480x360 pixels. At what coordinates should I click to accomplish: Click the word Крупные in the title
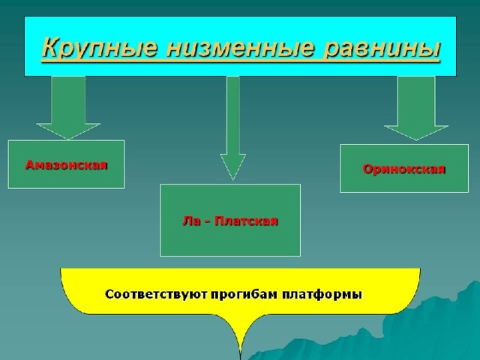[100, 48]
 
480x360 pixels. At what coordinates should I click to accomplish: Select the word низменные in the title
[240, 48]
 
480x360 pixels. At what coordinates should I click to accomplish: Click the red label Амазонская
[67, 165]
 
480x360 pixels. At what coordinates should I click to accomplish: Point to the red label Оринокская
[404, 169]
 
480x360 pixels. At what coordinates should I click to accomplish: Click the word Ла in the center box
[190, 220]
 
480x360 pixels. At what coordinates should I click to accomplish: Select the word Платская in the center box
[247, 220]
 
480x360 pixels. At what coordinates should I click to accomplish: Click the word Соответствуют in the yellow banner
[156, 295]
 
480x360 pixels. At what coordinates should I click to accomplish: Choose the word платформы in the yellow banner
[322, 295]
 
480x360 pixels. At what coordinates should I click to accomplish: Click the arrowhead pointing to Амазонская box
[68, 132]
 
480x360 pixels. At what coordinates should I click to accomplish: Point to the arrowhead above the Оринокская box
[416, 133]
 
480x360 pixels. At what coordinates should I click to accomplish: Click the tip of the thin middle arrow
[232, 180]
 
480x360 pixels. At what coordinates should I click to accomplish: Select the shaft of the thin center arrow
[233, 115]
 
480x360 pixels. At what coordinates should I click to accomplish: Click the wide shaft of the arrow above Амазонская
[68, 100]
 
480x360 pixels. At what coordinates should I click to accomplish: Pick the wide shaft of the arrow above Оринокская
[416, 101]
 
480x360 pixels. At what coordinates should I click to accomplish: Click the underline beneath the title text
[241, 61]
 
